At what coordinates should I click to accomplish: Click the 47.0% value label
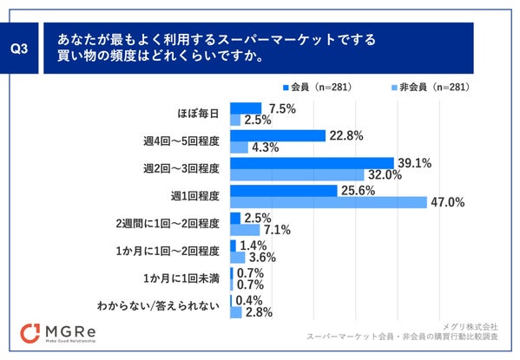click(x=449, y=202)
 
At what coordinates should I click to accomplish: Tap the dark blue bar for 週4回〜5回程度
click(x=278, y=134)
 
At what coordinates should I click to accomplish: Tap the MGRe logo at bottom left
click(x=69, y=334)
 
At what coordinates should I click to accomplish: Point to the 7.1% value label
click(x=276, y=230)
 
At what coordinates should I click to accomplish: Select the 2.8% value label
click(x=260, y=312)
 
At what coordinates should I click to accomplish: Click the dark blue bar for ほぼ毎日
click(x=246, y=108)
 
